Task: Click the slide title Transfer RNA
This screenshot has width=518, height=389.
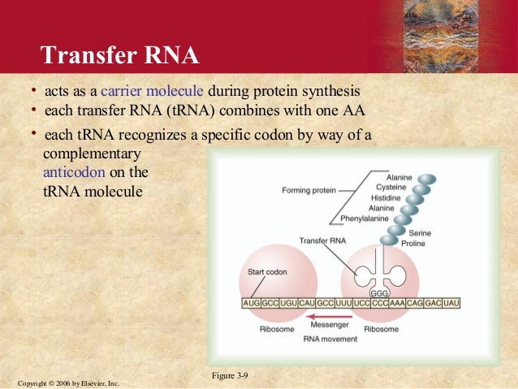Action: (x=119, y=54)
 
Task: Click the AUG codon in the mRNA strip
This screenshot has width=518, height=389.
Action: (x=252, y=302)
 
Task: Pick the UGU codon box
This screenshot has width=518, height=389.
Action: (x=288, y=302)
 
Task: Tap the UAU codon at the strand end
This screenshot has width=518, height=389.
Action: (x=451, y=302)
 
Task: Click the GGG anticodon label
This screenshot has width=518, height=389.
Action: (x=378, y=292)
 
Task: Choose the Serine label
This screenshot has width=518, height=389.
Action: (x=420, y=232)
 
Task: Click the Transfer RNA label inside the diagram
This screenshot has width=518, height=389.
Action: (x=322, y=241)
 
